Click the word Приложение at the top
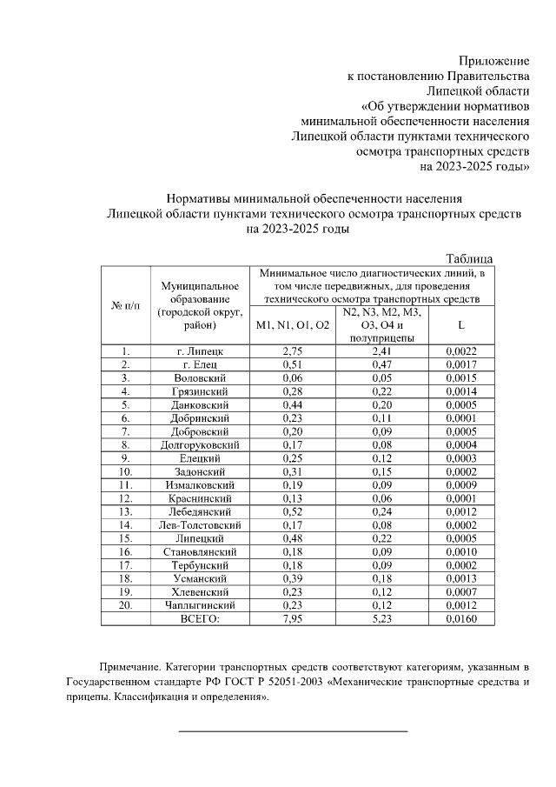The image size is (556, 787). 493,61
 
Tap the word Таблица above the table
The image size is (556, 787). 469,258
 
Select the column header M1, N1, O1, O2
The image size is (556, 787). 293,324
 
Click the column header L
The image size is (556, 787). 460,324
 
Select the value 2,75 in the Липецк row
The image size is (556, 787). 293,350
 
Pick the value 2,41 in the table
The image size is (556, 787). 381,350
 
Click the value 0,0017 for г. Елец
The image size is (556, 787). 460,364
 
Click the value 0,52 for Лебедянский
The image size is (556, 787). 293,512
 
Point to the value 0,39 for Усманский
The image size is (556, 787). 293,578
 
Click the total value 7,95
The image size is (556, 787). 293,618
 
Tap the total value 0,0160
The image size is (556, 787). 460,618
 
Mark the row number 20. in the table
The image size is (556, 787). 125,605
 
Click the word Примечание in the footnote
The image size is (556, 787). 131,667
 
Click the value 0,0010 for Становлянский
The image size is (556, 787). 460,552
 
